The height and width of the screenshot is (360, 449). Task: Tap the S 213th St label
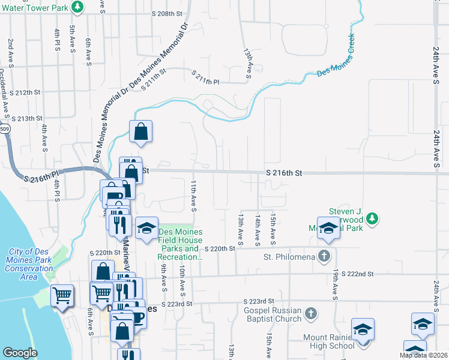tap(29, 119)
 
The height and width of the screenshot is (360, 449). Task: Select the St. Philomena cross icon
tap(324, 256)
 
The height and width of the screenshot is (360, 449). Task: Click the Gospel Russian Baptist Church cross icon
tap(310, 313)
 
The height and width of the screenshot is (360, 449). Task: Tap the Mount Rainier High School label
tap(328, 341)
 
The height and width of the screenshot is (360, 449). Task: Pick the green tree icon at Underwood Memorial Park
tap(372, 217)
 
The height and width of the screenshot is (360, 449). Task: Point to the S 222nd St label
tap(357, 274)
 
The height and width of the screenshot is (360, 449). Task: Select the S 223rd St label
tap(259, 301)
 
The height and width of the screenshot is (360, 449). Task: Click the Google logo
tap(20, 353)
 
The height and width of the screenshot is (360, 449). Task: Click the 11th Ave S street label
tap(194, 195)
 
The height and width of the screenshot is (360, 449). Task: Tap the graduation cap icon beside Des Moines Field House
tap(146, 229)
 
